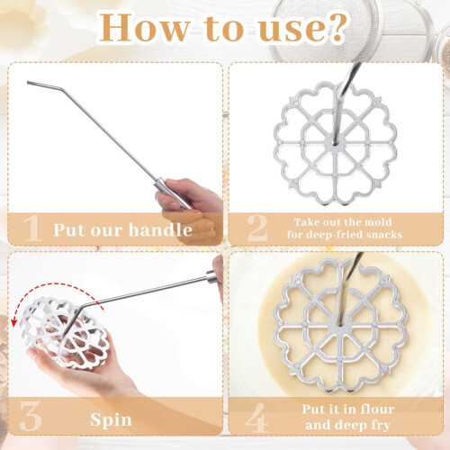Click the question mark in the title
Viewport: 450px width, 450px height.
click(x=336, y=27)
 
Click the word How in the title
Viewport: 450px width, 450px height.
click(x=144, y=27)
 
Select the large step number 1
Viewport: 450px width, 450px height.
click(x=31, y=229)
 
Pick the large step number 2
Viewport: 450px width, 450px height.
click(x=257, y=228)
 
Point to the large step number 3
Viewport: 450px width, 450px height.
click(x=30, y=416)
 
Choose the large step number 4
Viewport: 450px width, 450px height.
click(x=256, y=417)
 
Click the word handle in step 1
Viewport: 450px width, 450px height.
click(x=160, y=229)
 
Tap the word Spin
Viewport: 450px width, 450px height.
click(x=111, y=419)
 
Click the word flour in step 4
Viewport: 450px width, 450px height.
click(x=377, y=409)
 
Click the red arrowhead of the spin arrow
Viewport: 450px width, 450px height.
click(x=13, y=322)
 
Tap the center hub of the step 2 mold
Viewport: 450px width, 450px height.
click(x=335, y=143)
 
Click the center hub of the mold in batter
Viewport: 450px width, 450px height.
click(x=340, y=324)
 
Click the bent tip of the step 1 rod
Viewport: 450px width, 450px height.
click(x=28, y=83)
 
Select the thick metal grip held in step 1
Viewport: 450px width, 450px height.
click(x=172, y=193)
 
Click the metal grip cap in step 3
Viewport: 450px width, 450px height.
click(x=211, y=277)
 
